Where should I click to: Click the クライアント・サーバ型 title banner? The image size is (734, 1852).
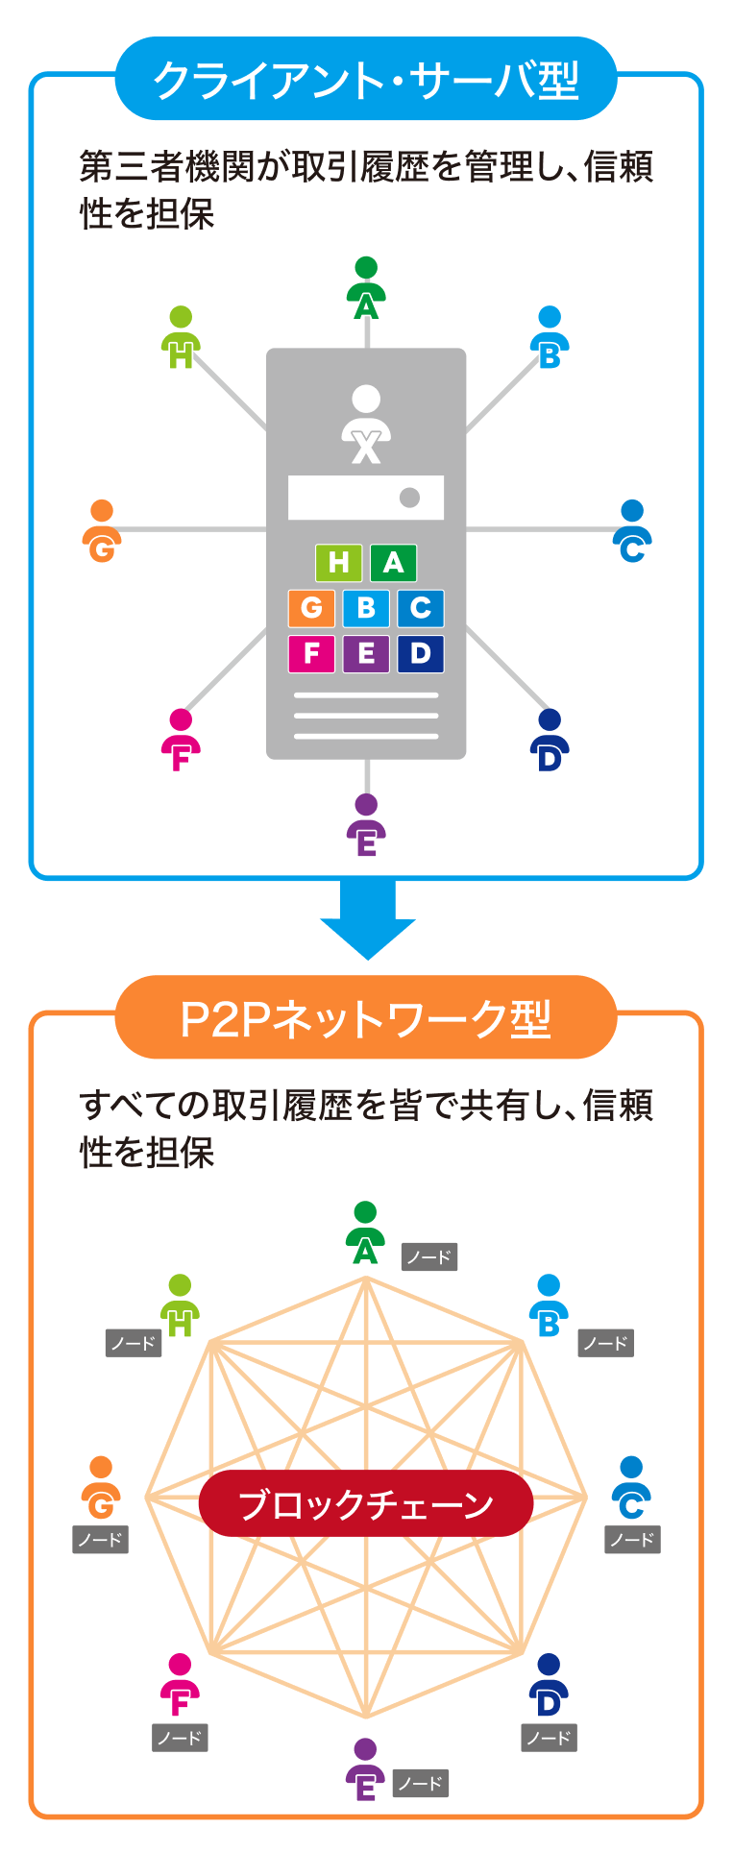coord(366,79)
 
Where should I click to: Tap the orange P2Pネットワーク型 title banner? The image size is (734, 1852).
coord(366,1018)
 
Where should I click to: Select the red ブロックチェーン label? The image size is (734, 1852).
coord(366,1503)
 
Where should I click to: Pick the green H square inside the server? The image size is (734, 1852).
coord(338,563)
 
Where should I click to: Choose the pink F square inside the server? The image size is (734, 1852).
coord(311,654)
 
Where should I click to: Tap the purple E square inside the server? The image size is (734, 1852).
coord(366,654)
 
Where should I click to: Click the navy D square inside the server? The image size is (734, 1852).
coord(421,654)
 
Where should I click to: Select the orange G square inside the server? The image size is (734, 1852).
coord(311,608)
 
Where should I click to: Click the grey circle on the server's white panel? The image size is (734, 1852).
coord(409,498)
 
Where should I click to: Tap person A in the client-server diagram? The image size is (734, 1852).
coord(366,288)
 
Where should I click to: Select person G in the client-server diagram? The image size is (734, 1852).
coord(102,531)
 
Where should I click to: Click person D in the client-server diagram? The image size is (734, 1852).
coord(550,741)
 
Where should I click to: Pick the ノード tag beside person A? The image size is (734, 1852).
coord(429,1257)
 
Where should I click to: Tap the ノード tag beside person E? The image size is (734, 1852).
coord(421,1784)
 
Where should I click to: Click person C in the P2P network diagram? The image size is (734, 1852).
coord(631,1488)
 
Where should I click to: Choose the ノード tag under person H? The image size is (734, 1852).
coord(134,1343)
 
